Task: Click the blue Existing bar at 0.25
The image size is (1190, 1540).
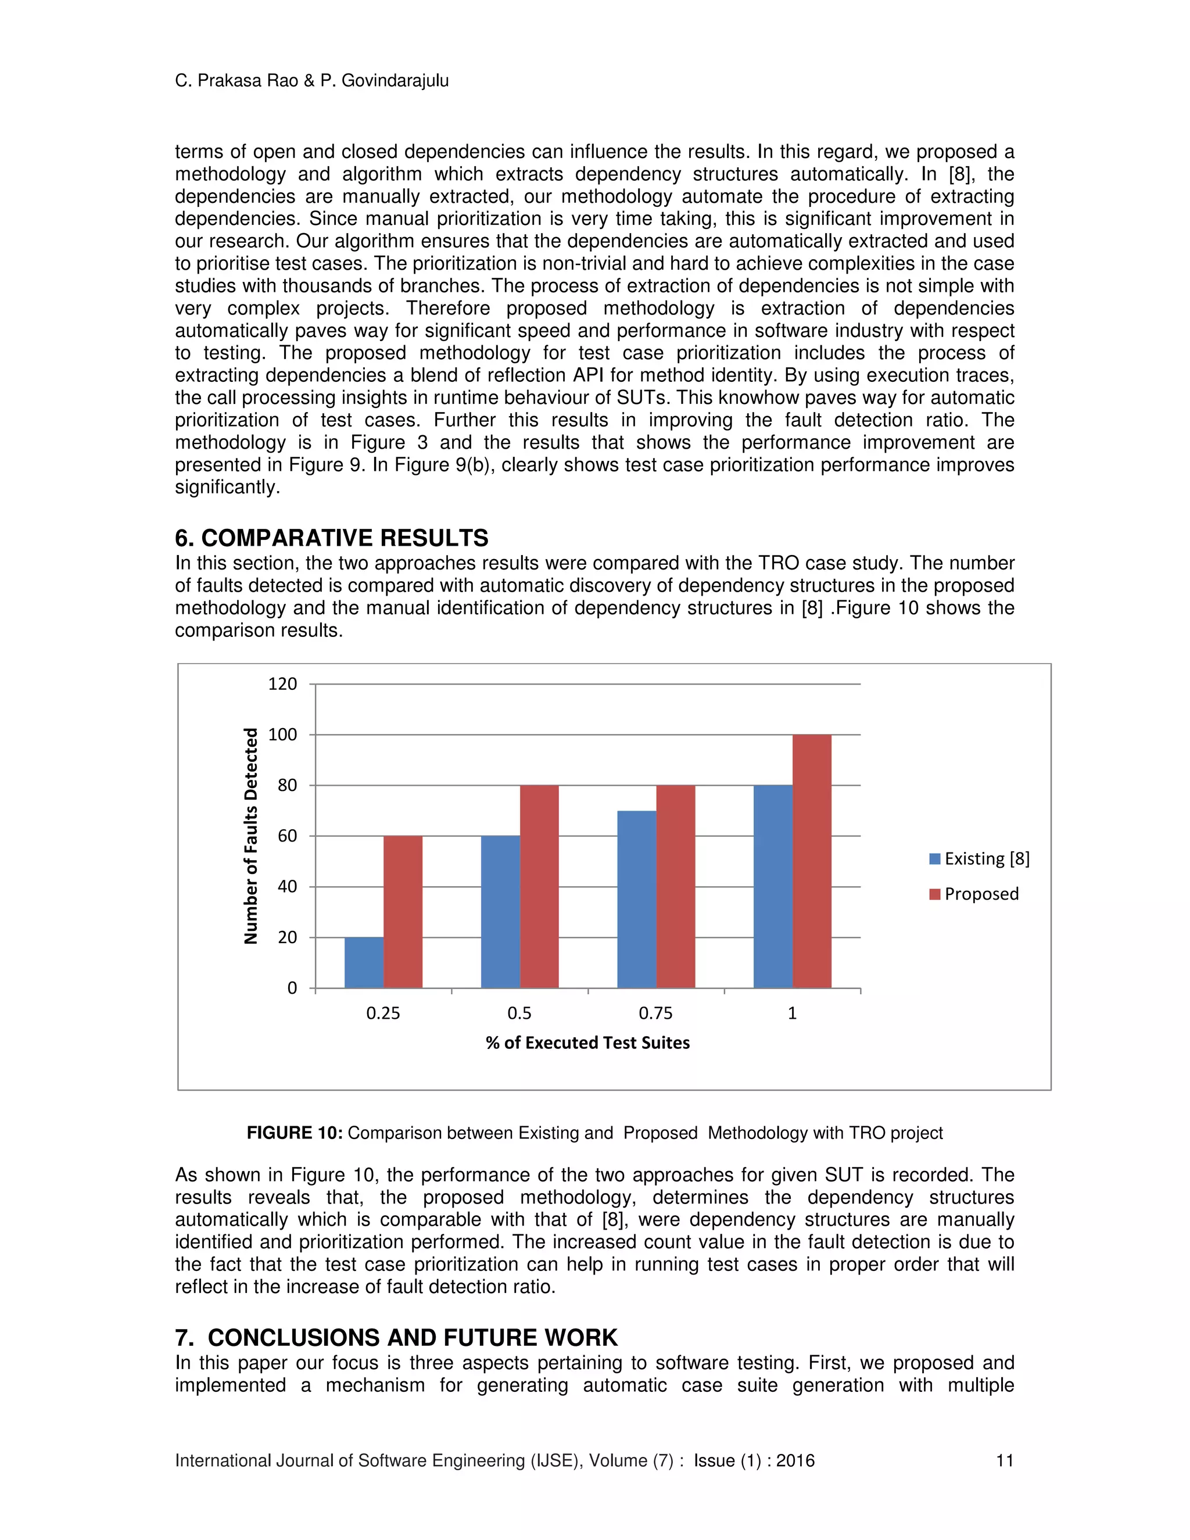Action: [x=364, y=962]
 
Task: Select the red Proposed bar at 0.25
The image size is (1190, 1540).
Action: [x=403, y=912]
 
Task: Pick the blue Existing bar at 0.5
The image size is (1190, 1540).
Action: [x=500, y=912]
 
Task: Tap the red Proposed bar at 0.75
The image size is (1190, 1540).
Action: [x=675, y=886]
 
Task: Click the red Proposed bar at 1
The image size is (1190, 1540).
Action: [x=811, y=861]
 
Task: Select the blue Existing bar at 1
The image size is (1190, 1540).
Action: [x=773, y=886]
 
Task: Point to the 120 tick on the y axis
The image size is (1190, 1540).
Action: [x=283, y=684]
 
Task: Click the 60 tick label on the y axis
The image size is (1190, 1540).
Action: [x=287, y=836]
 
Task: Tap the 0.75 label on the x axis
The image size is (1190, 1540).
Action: [x=655, y=1013]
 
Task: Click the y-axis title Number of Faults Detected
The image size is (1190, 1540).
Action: [x=251, y=836]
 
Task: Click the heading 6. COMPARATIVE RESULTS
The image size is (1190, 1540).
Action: [x=331, y=538]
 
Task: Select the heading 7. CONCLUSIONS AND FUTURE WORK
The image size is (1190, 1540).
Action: [x=396, y=1338]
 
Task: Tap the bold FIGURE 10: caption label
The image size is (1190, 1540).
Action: [x=295, y=1133]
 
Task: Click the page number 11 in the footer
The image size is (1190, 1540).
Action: [x=1004, y=1460]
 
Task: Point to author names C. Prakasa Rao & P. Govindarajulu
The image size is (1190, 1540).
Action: [x=311, y=81]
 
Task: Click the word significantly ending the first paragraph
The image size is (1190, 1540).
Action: [x=227, y=487]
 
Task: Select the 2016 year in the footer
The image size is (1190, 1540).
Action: [x=795, y=1460]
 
